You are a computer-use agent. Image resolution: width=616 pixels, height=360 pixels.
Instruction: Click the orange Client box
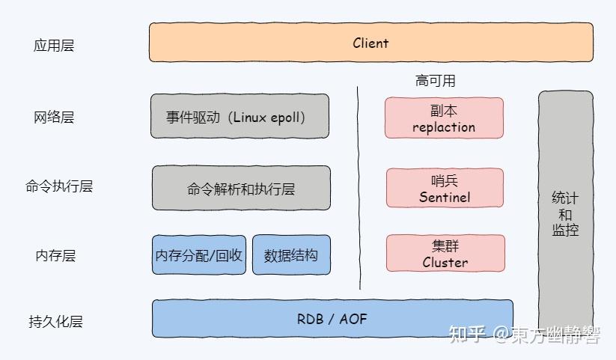coord(370,43)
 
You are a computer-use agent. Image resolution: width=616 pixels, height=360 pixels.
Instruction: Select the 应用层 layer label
coord(54,46)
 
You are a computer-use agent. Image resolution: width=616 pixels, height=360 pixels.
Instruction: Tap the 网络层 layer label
coord(54,118)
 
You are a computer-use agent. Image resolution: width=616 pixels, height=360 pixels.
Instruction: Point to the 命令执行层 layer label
coord(59,186)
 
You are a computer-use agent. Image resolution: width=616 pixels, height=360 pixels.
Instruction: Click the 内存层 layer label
coord(55,256)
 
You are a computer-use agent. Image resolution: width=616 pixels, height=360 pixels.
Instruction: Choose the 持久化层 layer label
coord(55,323)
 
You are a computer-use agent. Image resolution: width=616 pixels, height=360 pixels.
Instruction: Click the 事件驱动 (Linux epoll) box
coord(240,117)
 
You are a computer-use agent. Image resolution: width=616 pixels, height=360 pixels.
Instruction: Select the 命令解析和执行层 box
coord(241,188)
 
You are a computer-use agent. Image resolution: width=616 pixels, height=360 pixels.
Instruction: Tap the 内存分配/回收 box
coord(199,255)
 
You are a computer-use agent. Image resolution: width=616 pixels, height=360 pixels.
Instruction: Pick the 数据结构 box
coord(291,255)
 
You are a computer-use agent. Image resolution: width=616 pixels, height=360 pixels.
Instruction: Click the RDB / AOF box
coord(332,319)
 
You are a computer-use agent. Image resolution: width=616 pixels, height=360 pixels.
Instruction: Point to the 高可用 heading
coord(435,80)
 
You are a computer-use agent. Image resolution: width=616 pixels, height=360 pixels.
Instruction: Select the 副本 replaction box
coord(444,118)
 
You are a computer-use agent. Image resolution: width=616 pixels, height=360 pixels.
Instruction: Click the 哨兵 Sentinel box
coord(445,189)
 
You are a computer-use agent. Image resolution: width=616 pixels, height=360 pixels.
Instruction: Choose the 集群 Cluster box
coord(445,254)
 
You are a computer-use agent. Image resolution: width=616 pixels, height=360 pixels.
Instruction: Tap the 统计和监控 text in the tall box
coord(565,214)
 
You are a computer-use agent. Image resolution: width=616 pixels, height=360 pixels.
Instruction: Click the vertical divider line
coord(359,187)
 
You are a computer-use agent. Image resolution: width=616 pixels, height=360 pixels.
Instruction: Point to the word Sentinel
coord(445,198)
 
